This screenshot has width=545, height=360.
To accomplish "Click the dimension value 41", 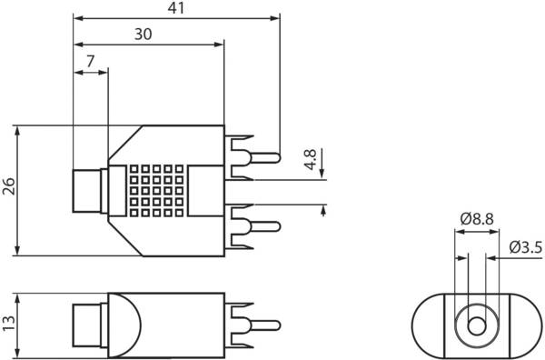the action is (176, 8).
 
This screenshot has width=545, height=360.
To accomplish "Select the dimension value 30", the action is (144, 34).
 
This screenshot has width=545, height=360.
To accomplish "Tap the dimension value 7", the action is (90, 61).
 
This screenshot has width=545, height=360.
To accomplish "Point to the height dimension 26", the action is (8, 186).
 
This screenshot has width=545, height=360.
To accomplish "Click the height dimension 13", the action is (8, 324).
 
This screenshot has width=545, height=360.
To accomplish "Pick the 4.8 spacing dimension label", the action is (311, 159).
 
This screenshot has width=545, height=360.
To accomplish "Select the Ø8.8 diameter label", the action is (477, 219).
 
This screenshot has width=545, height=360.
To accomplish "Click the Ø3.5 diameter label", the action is (526, 247).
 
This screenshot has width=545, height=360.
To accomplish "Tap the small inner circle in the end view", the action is (477, 326).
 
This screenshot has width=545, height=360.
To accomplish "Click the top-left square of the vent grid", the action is (134, 169).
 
